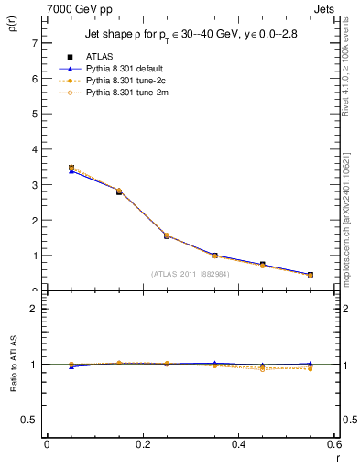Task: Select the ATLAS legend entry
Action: pyautogui.click(x=87, y=57)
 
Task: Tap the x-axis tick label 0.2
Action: pyautogui.click(x=142, y=444)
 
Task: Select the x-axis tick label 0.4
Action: pyautogui.click(x=238, y=444)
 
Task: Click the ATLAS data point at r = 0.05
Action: pyautogui.click(x=71, y=169)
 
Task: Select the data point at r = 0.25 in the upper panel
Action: pyautogui.click(x=167, y=235)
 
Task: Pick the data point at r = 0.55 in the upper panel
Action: pyautogui.click(x=311, y=275)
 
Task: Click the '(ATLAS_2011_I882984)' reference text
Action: pyautogui.click(x=191, y=274)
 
